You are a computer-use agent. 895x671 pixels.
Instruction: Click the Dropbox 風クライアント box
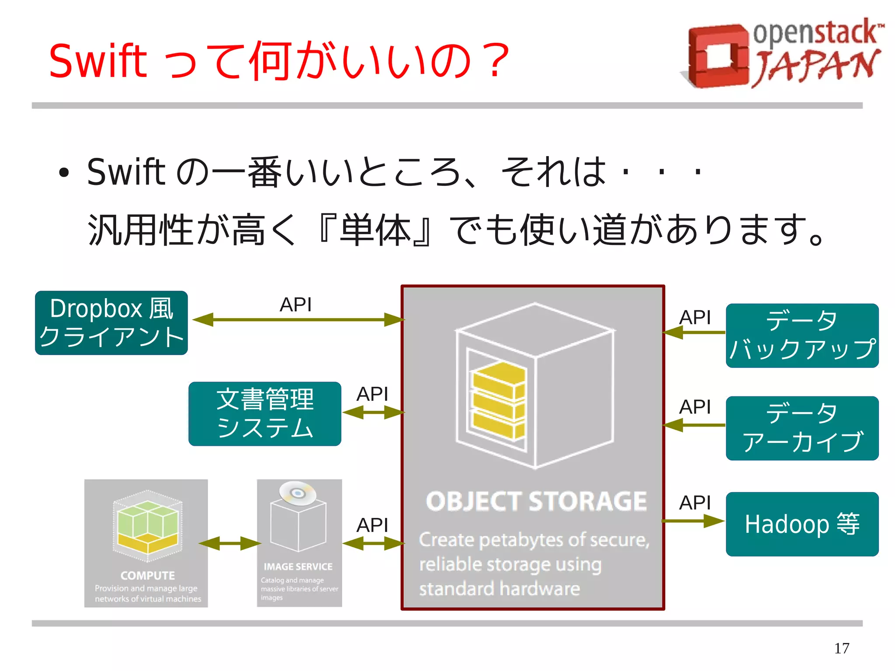pos(111,323)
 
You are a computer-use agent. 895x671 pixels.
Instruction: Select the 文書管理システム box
pos(265,414)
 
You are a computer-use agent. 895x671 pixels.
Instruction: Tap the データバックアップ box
pos(802,335)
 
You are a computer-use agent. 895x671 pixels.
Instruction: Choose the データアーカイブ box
pos(802,428)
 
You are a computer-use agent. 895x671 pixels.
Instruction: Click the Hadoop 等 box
pos(802,524)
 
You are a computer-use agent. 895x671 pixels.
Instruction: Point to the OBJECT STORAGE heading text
pos(536,501)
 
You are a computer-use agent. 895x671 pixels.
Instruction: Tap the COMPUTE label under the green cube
pos(147,575)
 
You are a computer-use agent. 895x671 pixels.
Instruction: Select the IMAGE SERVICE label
pos(298,567)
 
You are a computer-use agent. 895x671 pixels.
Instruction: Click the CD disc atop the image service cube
pos(298,493)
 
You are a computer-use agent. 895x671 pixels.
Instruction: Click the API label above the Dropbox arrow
pos(295,304)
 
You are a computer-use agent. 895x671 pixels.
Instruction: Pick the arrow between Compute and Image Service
pos(229,543)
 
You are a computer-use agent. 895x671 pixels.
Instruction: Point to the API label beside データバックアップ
pos(694,317)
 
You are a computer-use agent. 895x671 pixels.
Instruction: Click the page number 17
pos(841,648)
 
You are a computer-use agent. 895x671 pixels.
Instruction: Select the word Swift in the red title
pos(98,61)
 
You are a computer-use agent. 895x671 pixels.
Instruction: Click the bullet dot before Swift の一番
pos(64,173)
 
